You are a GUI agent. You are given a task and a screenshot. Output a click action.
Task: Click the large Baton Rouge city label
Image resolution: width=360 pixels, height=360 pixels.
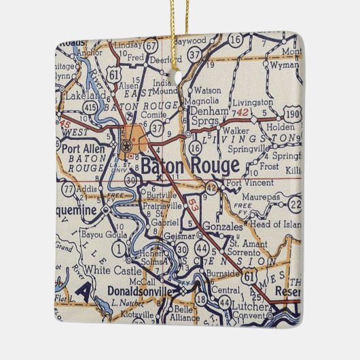click(190, 165)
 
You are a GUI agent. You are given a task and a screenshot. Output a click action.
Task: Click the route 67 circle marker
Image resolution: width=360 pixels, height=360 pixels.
click(151, 46)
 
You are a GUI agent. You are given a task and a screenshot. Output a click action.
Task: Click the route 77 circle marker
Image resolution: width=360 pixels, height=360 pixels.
click(67, 187)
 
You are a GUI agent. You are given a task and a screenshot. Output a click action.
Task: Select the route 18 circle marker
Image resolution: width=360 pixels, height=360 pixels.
click(201, 298)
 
